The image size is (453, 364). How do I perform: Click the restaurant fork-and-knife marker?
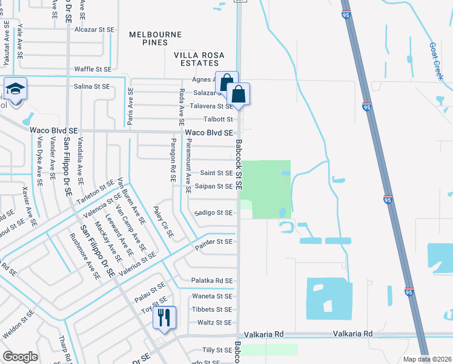pyautogui.click(x=164, y=317)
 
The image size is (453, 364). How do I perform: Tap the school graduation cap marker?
pyautogui.click(x=14, y=90)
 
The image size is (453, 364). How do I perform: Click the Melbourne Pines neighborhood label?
pyautogui.click(x=155, y=35)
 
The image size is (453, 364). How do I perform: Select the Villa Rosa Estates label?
pyautogui.click(x=199, y=59)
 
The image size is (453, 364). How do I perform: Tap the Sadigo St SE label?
pyautogui.click(x=214, y=213)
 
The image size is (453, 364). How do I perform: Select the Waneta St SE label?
pyautogui.click(x=212, y=296)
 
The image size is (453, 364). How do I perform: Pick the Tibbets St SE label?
pyautogui.click(x=212, y=309)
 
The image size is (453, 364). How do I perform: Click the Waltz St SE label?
pyautogui.click(x=214, y=323)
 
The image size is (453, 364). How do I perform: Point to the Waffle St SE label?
pyautogui.click(x=93, y=70)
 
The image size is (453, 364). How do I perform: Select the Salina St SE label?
pyautogui.click(x=91, y=87)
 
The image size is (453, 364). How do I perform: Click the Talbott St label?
pyautogui.click(x=218, y=119)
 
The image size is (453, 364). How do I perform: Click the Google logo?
pyautogui.click(x=20, y=357)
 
